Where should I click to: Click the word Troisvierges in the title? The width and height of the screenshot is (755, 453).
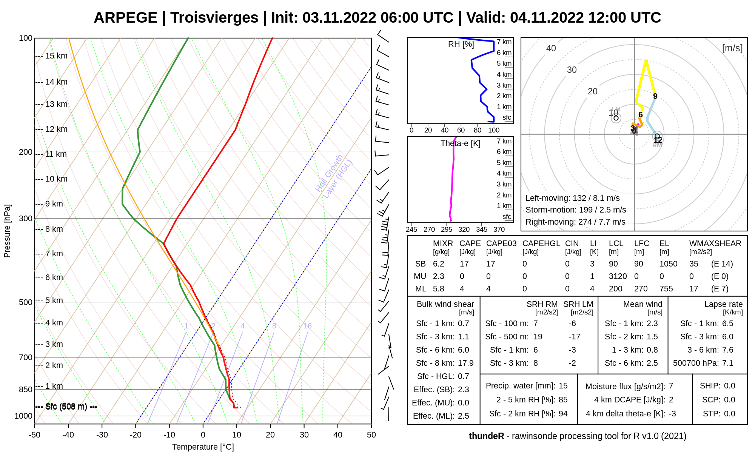pyautogui.click(x=214, y=18)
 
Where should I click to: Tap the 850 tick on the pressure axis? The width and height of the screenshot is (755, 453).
pyautogui.click(x=26, y=389)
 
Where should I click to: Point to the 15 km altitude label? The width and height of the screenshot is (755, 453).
pyautogui.click(x=56, y=56)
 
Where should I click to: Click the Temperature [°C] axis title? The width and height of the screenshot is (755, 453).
pyautogui.click(x=203, y=447)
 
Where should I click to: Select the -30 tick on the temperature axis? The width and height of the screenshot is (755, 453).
pyautogui.click(x=102, y=435)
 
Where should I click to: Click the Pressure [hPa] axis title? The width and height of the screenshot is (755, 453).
pyautogui.click(x=7, y=231)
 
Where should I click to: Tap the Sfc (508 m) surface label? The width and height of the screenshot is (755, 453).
pyautogui.click(x=66, y=407)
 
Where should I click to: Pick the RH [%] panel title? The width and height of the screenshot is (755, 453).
pyautogui.click(x=461, y=44)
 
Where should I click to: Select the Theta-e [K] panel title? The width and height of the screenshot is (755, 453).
pyautogui.click(x=460, y=143)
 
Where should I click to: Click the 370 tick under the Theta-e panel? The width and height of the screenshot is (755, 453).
pyautogui.click(x=499, y=229)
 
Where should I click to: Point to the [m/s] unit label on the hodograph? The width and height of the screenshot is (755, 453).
pyautogui.click(x=732, y=48)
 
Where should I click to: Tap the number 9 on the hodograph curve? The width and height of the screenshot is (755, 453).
pyautogui.click(x=655, y=96)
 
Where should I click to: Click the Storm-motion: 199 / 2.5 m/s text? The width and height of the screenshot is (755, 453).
pyautogui.click(x=576, y=210)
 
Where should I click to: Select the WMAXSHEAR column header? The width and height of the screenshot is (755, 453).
pyautogui.click(x=715, y=243)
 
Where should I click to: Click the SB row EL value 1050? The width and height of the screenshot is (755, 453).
pyautogui.click(x=668, y=264)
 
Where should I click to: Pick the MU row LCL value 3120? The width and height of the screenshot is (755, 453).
pyautogui.click(x=618, y=276)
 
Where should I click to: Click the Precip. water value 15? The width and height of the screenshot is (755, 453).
pyautogui.click(x=563, y=386)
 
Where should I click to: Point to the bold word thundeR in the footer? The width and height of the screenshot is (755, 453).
pyautogui.click(x=486, y=436)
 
